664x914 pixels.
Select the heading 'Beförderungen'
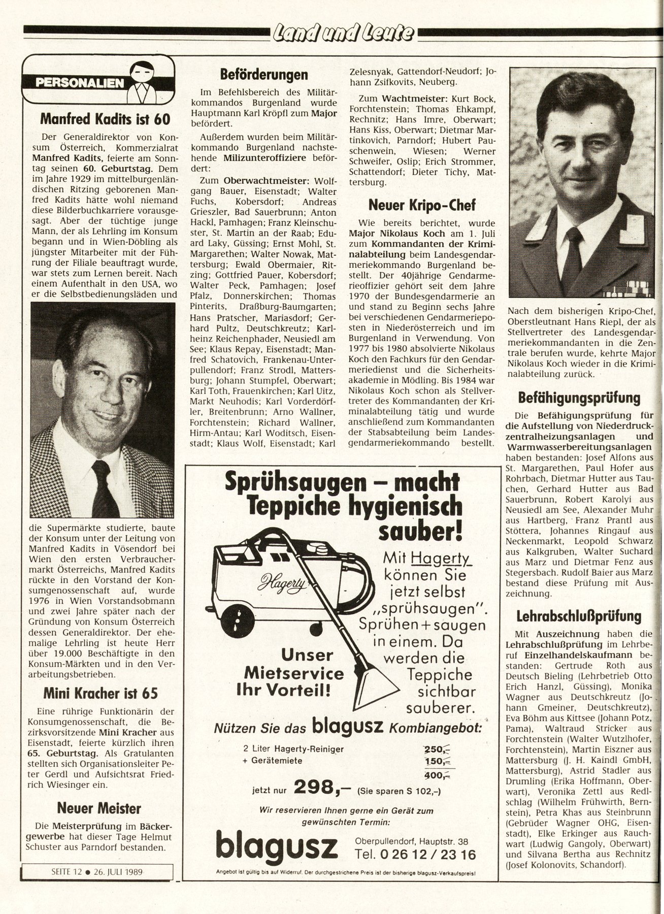tap(264, 75)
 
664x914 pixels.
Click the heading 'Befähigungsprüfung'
tap(579, 397)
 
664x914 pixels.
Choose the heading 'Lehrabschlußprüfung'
tap(579, 616)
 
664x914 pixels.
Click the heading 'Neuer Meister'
tap(99, 808)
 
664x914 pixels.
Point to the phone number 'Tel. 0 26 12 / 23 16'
tap(416, 854)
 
